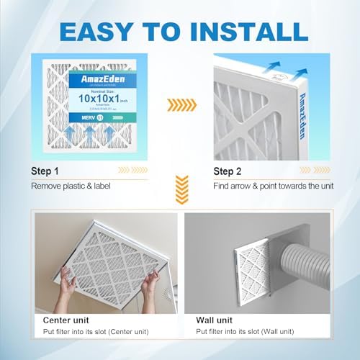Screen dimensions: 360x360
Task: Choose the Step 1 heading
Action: coord(44,171)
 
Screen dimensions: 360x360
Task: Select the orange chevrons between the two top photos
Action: coord(181,105)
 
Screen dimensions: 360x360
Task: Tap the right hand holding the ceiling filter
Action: coord(149,272)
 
